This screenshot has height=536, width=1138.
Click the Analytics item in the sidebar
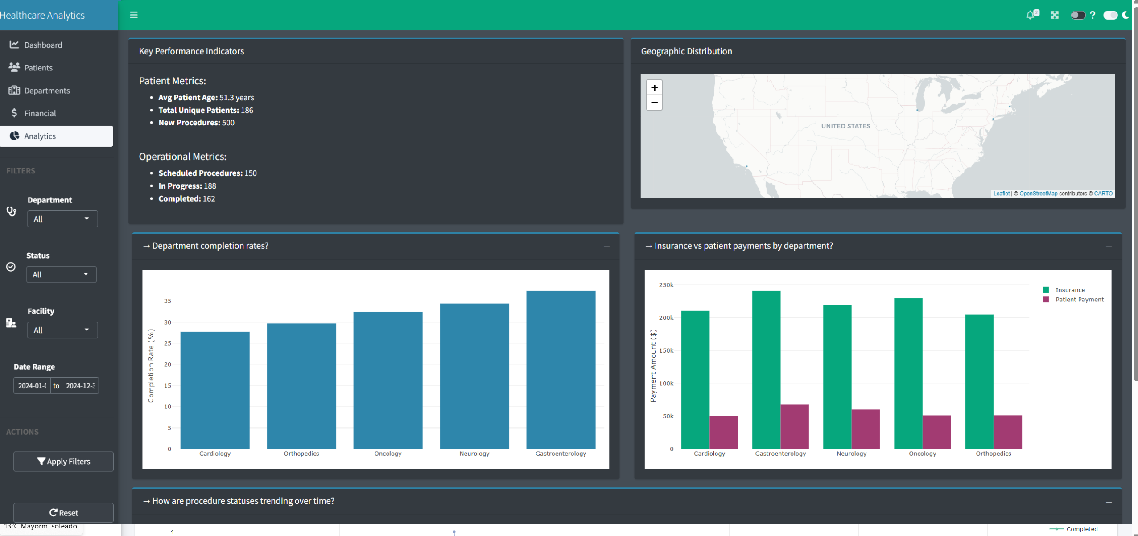point(57,136)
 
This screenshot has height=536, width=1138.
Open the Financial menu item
point(40,113)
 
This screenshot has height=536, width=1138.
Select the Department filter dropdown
point(62,219)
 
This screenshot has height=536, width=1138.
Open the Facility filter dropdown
point(62,330)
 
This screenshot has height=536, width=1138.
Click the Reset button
point(63,513)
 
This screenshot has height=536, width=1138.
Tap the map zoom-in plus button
point(654,87)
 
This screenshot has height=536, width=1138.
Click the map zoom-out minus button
point(654,103)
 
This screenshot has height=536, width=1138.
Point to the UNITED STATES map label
point(845,126)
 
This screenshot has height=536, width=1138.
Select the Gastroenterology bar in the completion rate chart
point(561,370)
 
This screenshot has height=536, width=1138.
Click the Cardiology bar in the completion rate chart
point(215,390)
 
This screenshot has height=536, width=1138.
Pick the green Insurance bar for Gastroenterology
point(766,370)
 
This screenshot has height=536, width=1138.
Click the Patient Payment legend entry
point(1079,300)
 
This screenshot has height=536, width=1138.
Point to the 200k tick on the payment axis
point(666,318)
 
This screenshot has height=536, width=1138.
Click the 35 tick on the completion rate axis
point(168,301)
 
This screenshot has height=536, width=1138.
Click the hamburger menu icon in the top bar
point(134,15)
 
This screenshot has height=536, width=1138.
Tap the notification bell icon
point(1030,15)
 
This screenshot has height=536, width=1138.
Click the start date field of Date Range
point(32,386)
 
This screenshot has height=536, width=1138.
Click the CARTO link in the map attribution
point(1103,194)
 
